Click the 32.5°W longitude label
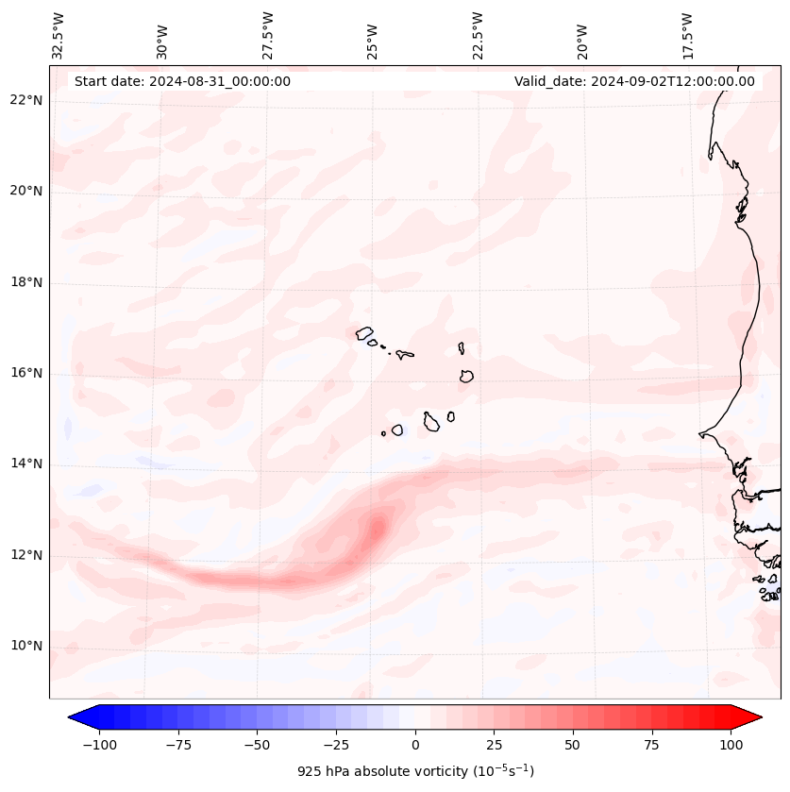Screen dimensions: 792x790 click(59, 36)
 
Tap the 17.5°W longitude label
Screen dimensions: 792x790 click(687, 36)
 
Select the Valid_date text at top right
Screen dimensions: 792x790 click(634, 81)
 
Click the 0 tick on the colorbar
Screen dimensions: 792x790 click(415, 745)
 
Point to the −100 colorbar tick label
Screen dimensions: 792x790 click(99, 745)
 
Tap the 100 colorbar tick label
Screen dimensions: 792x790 click(731, 745)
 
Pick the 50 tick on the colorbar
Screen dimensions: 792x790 click(573, 745)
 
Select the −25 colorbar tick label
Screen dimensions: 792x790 click(336, 745)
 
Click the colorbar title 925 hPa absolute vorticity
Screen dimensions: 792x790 click(415, 771)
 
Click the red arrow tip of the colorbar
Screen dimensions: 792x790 click(756, 717)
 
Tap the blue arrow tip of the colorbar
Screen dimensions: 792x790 click(74, 717)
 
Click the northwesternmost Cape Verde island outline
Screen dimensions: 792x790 click(364, 332)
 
